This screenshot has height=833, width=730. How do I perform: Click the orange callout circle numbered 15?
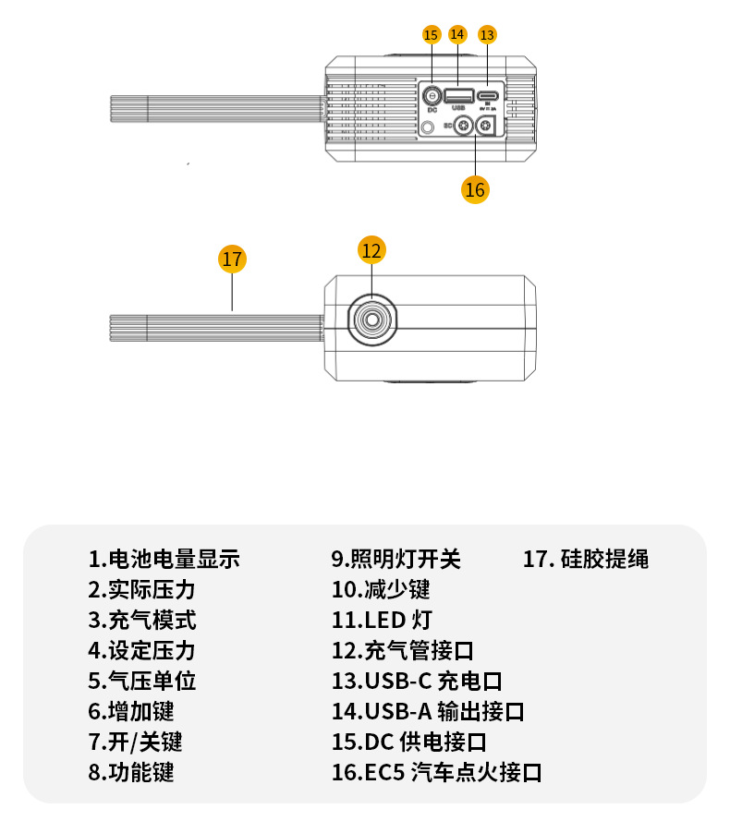pos(432,35)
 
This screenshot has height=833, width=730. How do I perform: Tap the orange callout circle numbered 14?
pos(457,34)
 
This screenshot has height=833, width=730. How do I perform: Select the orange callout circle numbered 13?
pos(487,35)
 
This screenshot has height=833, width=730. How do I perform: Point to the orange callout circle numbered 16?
pos(475,189)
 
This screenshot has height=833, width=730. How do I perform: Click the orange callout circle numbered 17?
pos(232,259)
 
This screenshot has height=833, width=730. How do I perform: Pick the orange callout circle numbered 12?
pos(371,249)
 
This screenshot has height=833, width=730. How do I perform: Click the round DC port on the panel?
pos(432,95)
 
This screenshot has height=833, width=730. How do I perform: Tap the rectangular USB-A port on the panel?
pos(457,94)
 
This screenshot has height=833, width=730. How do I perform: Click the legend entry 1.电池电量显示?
pos(164,559)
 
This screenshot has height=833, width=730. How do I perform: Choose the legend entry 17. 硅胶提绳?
pos(586,559)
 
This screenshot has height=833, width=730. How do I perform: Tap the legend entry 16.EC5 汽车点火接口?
pos(436,772)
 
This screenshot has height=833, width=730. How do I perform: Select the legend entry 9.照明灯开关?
pos(395,559)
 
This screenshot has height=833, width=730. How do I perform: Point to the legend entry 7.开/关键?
pos(135,742)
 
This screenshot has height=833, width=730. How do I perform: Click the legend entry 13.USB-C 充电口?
pos(417,681)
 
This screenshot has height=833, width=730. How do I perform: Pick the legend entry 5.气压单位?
pos(142,681)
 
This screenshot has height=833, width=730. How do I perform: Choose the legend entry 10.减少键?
pos(381,589)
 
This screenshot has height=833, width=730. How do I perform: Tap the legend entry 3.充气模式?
pos(142,620)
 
